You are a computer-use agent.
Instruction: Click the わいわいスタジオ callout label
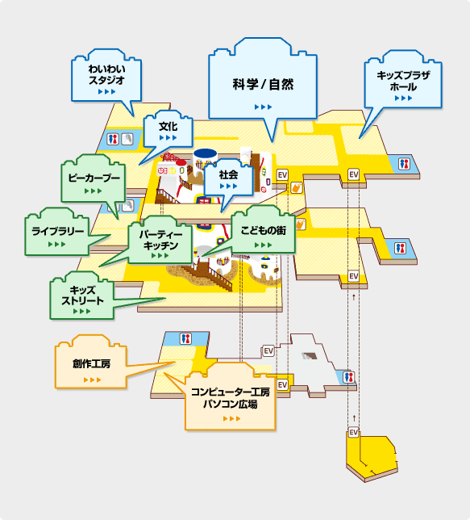point(106,74)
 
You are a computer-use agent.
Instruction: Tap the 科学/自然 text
point(263,84)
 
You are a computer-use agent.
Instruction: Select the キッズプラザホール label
point(403,81)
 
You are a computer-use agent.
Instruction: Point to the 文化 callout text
point(168,126)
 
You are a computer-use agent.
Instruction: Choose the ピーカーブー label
point(94,178)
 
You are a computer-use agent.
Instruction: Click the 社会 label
point(228,174)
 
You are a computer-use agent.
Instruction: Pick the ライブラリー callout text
point(57,231)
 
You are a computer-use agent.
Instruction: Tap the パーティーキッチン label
point(160,240)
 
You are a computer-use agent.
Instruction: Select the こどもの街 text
point(264,230)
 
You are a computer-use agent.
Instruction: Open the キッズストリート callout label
point(82,296)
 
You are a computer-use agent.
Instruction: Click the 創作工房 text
point(91,364)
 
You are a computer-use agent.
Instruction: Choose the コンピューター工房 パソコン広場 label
point(231,398)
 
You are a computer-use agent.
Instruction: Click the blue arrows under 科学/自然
point(264,107)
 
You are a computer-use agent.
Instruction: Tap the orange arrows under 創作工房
point(92,380)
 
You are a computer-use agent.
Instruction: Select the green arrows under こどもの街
point(264,245)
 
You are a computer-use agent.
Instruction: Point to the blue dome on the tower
point(206,153)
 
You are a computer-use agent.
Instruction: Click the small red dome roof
point(181,162)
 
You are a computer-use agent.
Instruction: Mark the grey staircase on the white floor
point(310,356)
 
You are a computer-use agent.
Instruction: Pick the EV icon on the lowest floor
point(354,432)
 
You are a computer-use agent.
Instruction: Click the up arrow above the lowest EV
point(354,418)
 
